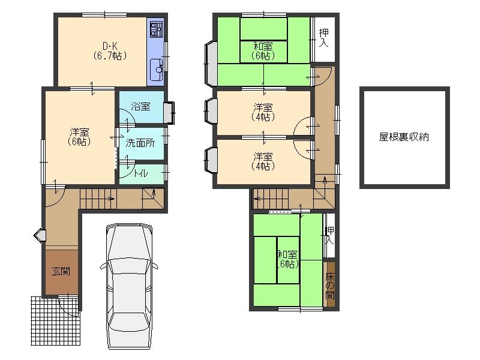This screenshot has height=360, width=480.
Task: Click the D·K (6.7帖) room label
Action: [109, 50]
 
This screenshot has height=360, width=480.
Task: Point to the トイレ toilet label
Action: [141, 173]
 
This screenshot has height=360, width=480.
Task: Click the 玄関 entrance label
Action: [60, 272]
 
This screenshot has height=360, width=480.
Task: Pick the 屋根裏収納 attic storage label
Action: [404, 137]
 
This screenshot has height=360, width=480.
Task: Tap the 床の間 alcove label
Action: [330, 286]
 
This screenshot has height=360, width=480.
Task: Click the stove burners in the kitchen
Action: [156, 29]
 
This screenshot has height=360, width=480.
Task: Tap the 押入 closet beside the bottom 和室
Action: [329, 236]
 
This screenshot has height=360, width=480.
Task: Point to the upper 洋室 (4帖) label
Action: [263, 112]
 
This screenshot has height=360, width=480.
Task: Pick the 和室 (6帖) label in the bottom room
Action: [287, 259]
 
